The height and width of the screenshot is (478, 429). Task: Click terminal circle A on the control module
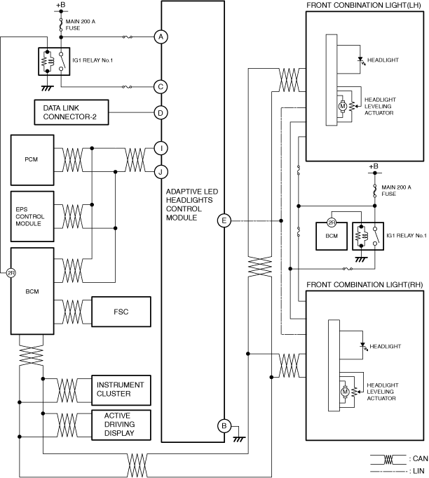[161, 37]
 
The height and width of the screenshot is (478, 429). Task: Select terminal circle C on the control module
[161, 87]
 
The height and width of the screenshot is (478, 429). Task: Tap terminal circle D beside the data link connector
[161, 113]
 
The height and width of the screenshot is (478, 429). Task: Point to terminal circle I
[161, 149]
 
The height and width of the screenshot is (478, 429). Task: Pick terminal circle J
[161, 172]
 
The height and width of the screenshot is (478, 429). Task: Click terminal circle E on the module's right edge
[224, 220]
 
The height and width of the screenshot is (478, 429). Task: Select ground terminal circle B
[224, 426]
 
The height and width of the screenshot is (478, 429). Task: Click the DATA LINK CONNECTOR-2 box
[71, 112]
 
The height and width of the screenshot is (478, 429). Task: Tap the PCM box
[32, 160]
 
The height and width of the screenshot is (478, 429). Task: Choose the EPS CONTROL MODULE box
[32, 216]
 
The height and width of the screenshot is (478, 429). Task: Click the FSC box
[121, 312]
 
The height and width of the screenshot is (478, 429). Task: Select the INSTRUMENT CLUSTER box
[121, 390]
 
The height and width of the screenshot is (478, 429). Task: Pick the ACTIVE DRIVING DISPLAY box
[121, 425]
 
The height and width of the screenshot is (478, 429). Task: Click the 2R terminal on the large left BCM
[11, 273]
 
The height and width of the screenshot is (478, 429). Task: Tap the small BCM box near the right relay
[332, 237]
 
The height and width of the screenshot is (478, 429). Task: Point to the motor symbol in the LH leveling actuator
[343, 107]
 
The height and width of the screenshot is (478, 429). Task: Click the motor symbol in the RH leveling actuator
[345, 392]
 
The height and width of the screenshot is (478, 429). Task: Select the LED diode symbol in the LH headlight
[361, 60]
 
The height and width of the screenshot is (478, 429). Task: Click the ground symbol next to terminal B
[239, 439]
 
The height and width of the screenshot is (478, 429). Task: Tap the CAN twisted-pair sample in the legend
[388, 460]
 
